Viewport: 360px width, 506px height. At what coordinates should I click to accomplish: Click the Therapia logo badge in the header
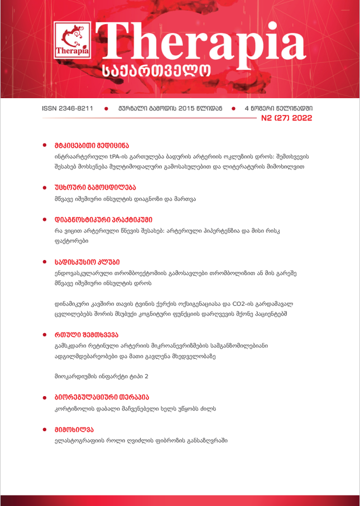(x=73, y=45)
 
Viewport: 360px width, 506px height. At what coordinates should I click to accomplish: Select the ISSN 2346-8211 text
(x=68, y=108)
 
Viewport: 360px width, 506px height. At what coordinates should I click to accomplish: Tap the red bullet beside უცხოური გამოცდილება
(x=45, y=186)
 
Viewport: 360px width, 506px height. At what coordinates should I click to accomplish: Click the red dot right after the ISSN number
(x=107, y=108)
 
